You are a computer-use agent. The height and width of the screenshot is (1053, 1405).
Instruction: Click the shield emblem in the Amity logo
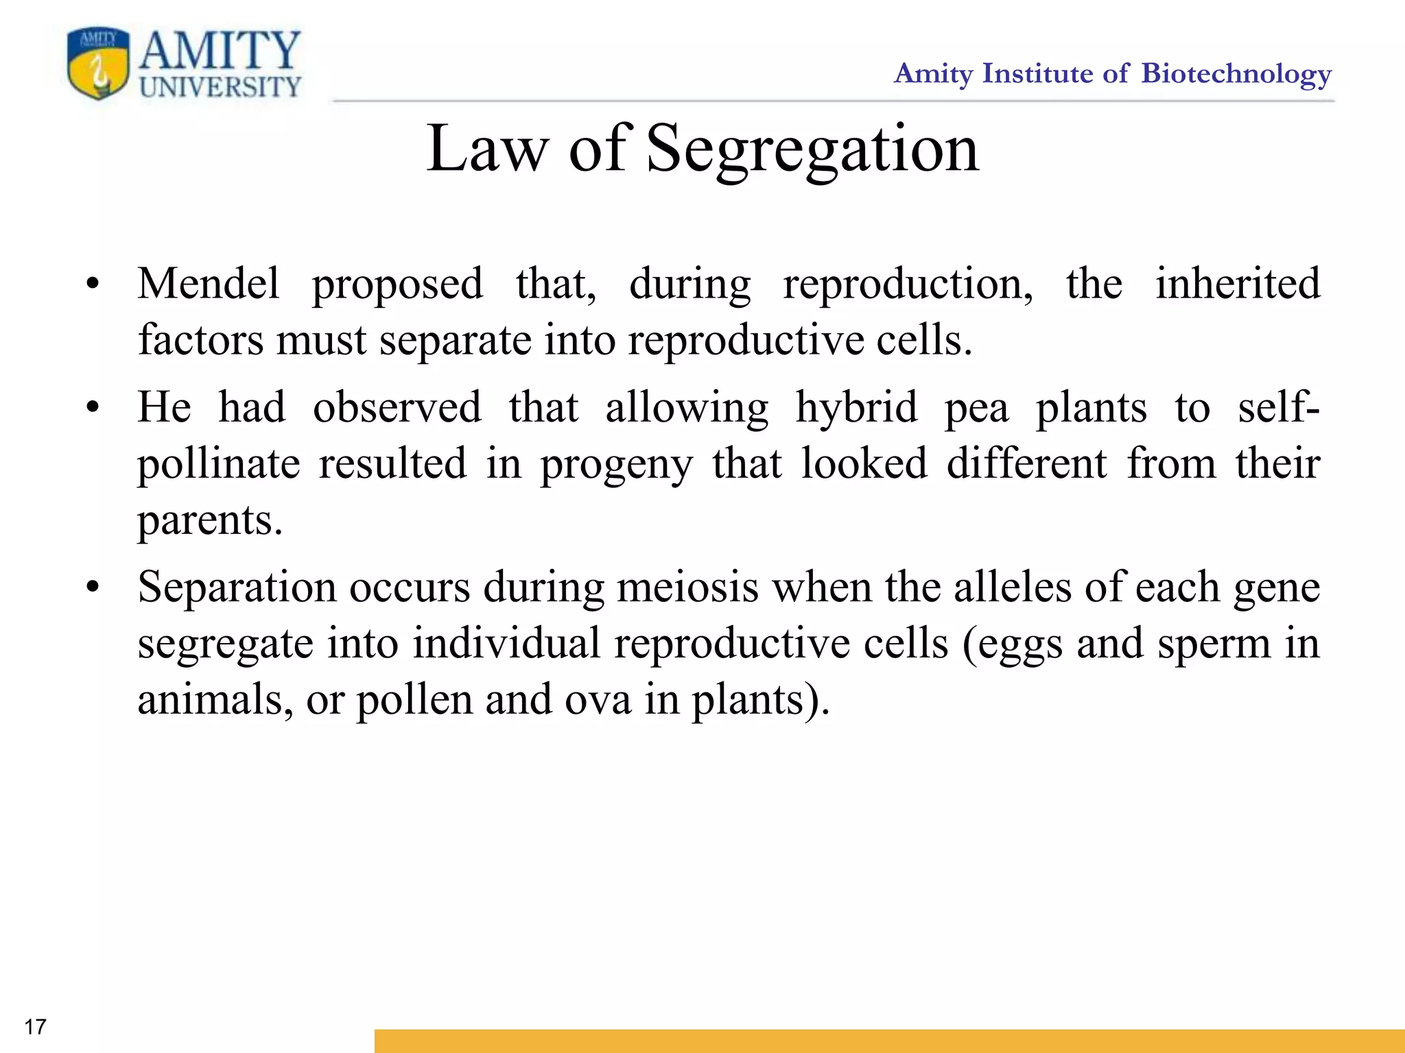pyautogui.click(x=98, y=63)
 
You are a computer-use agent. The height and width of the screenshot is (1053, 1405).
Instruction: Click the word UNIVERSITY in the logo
pyautogui.click(x=220, y=87)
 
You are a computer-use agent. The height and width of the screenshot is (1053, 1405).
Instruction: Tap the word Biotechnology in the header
pyautogui.click(x=1236, y=74)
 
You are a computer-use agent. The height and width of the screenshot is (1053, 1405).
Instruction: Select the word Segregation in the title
pyautogui.click(x=812, y=149)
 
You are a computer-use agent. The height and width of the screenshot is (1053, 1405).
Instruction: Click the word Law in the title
pyautogui.click(x=487, y=149)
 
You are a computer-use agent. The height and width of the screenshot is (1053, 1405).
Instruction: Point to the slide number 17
pyautogui.click(x=35, y=1026)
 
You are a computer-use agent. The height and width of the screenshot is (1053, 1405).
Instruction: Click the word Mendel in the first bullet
pyautogui.click(x=209, y=284)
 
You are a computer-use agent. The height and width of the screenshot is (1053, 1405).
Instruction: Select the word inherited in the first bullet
pyautogui.click(x=1238, y=284)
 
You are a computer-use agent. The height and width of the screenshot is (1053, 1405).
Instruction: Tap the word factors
pyautogui.click(x=200, y=340)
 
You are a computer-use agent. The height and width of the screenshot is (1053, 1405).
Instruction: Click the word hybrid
pyautogui.click(x=856, y=408)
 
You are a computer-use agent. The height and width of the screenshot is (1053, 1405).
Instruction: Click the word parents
pyautogui.click(x=209, y=522)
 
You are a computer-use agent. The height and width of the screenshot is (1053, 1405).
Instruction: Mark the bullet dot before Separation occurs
pyautogui.click(x=93, y=588)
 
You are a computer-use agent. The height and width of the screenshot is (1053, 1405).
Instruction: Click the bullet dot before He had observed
pyautogui.click(x=93, y=408)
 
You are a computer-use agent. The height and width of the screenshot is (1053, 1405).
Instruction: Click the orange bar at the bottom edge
pyautogui.click(x=889, y=1040)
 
